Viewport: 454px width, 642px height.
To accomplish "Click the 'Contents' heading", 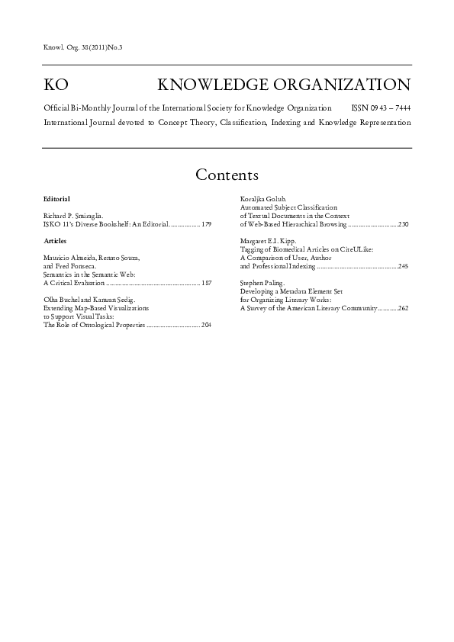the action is tap(227, 175).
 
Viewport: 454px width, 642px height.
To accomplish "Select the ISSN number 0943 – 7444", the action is tap(383, 109).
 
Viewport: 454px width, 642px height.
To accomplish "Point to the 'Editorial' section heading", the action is tap(57, 199).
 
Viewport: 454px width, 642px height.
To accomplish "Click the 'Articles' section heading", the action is tap(56, 241).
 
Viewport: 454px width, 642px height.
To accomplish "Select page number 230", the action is tap(403, 225).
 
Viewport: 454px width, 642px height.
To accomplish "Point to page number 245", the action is tap(403, 267).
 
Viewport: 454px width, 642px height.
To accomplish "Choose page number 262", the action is tap(403, 309).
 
